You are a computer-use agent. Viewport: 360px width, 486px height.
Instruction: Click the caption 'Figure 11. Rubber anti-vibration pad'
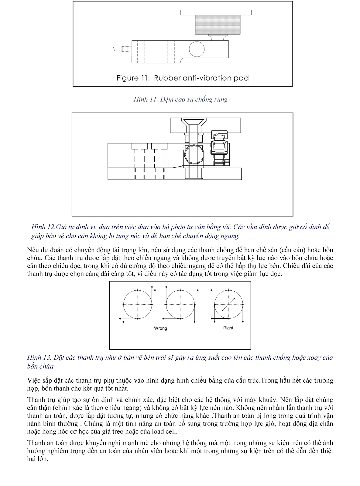(183, 78)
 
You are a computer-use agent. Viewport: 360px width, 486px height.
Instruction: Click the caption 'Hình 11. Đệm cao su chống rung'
(180, 100)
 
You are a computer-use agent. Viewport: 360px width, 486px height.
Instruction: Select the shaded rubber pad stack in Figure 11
(218, 25)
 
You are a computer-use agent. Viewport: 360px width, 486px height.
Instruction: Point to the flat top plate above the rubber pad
(216, 12)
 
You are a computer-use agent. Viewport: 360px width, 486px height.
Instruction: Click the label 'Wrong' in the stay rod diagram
(160, 328)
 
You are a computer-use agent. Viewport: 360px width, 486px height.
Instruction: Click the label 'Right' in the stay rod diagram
(228, 328)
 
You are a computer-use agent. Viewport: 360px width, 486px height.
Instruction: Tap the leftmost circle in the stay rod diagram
(138, 304)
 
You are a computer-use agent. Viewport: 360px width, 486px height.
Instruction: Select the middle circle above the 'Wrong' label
(181, 304)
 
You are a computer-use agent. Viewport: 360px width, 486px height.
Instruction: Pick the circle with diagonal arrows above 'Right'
(228, 304)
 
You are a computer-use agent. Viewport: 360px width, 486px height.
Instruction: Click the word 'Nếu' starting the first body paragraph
(33, 250)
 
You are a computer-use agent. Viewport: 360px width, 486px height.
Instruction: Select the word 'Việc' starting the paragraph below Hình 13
(34, 381)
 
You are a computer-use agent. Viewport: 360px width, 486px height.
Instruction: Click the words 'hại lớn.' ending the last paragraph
(38, 459)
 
